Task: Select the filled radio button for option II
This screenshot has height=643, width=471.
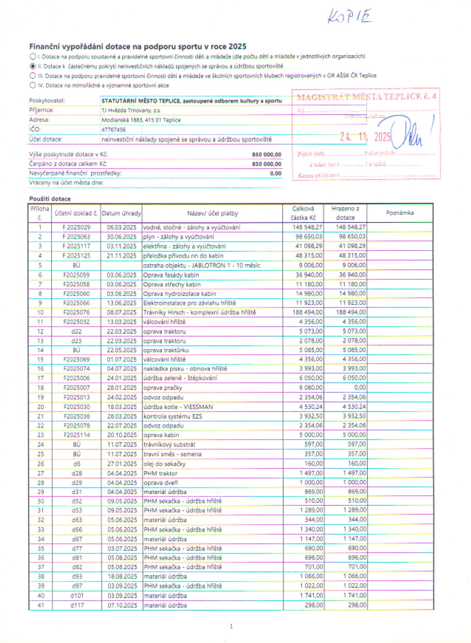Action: pyautogui.click(x=33, y=66)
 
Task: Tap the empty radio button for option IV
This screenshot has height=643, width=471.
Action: pyautogui.click(x=33, y=85)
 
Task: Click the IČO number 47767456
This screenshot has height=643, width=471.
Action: pyautogui.click(x=114, y=130)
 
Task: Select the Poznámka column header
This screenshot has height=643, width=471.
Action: pyautogui.click(x=400, y=213)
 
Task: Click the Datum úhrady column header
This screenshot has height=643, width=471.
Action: pyautogui.click(x=121, y=213)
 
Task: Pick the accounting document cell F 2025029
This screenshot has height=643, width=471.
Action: pyautogui.click(x=76, y=227)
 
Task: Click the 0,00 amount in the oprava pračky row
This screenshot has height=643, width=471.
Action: pyautogui.click(x=360, y=387)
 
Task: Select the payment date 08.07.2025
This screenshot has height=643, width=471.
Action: pyautogui.click(x=122, y=312)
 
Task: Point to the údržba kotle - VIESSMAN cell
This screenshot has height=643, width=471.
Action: pyautogui.click(x=178, y=407)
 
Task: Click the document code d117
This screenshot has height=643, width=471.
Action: pyautogui.click(x=77, y=605)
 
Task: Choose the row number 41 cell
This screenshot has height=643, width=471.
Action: pyautogui.click(x=41, y=605)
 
